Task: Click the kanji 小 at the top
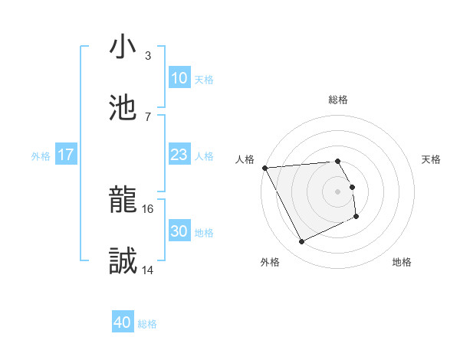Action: click(x=123, y=47)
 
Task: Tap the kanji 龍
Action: click(x=123, y=201)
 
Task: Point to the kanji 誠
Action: click(x=123, y=262)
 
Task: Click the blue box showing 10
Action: click(x=179, y=78)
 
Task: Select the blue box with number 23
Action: click(x=179, y=155)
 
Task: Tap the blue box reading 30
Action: click(x=179, y=232)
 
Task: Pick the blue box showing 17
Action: click(x=66, y=155)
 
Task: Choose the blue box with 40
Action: click(x=123, y=323)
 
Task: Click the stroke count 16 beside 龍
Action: click(x=149, y=208)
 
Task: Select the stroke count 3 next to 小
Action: click(x=148, y=55)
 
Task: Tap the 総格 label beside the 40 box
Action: click(x=147, y=324)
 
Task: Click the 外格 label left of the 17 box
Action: click(x=41, y=156)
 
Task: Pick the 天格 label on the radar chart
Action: click(x=432, y=159)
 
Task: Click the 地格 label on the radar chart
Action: click(x=402, y=262)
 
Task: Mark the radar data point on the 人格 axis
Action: click(x=264, y=168)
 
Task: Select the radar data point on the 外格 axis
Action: click(x=301, y=242)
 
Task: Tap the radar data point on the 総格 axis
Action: click(x=337, y=161)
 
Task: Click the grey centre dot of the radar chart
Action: click(x=337, y=191)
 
